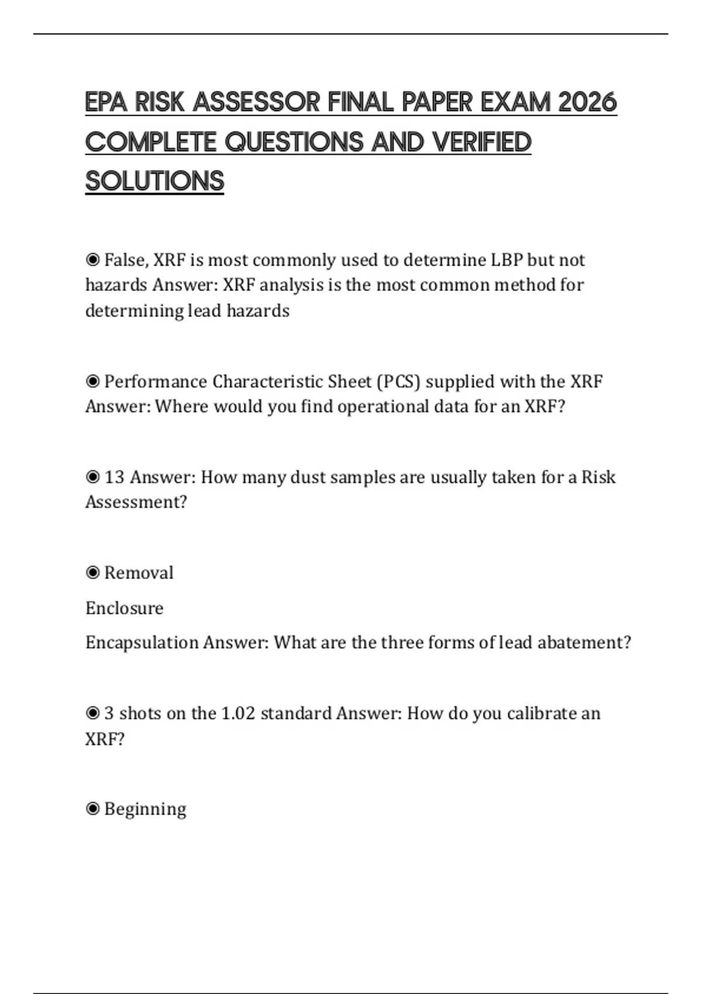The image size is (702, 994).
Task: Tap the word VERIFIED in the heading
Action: (x=481, y=142)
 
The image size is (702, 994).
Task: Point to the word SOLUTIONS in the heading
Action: (x=154, y=181)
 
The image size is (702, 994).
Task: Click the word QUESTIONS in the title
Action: (x=294, y=142)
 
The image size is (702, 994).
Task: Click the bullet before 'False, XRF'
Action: (x=92, y=260)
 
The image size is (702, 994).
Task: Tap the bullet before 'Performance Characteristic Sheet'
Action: (x=92, y=381)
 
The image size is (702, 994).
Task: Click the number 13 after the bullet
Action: (x=115, y=477)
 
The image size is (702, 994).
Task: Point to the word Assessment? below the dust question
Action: (x=136, y=502)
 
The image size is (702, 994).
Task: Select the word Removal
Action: (x=139, y=572)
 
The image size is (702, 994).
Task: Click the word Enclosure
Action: (x=124, y=608)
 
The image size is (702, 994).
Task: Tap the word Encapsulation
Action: (x=142, y=643)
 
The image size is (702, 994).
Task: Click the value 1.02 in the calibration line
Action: (x=238, y=713)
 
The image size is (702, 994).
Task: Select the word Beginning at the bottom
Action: (x=145, y=809)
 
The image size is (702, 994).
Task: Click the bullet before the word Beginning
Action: (x=92, y=809)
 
